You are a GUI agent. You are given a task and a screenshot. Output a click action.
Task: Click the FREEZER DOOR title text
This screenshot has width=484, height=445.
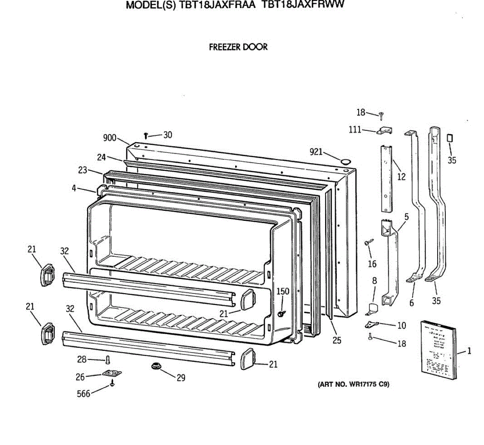coord(238,47)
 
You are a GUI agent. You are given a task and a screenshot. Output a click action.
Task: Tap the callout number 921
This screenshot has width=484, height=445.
coord(316,151)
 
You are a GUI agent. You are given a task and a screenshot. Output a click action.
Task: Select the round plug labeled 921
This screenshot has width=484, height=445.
coord(345,162)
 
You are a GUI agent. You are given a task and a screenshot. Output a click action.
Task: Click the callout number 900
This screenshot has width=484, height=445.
coord(110,138)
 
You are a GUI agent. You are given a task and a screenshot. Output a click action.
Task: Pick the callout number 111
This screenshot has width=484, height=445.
coord(355,130)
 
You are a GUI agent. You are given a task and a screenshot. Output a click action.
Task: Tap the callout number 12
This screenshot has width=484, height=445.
coord(401,176)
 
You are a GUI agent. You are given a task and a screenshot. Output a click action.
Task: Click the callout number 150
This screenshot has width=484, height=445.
coord(283,292)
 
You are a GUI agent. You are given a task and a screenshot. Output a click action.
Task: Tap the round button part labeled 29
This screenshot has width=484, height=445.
coord(156,366)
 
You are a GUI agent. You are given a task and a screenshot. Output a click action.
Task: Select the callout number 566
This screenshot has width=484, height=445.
coord(83,393)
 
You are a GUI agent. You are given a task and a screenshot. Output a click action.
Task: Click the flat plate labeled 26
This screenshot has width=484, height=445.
coord(112,374)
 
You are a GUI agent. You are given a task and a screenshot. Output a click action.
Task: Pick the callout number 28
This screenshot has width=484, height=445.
coord(82,359)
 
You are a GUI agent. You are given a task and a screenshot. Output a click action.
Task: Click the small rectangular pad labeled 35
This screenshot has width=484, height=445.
coord(450,138)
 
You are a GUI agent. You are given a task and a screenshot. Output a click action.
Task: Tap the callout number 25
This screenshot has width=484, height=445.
coord(337,340)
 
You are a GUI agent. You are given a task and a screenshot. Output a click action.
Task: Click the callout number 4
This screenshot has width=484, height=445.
coord(74,188)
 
